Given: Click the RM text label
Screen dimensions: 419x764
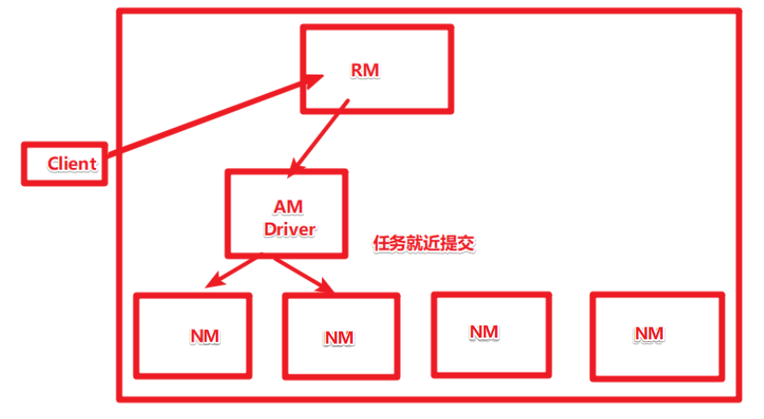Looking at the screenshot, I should coord(364,69).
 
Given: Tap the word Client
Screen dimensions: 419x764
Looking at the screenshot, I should coord(72,164).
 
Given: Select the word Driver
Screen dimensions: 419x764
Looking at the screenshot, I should coord(289,230).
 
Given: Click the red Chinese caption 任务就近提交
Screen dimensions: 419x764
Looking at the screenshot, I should coord(424,243).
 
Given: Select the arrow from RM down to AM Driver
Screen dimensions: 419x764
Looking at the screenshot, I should coord(321,133).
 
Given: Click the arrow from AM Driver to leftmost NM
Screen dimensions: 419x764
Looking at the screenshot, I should coord(234,270).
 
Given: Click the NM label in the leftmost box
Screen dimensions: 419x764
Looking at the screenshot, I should coord(205,336).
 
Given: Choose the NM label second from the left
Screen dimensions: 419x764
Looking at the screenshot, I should coord(339,338).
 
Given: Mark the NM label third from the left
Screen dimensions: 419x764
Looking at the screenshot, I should coord(484,331).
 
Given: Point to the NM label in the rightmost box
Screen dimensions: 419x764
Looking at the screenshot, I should coord(649,332).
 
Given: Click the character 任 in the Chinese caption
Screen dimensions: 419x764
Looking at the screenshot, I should coord(381,243).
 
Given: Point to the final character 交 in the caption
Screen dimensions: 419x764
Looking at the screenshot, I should coord(466,243).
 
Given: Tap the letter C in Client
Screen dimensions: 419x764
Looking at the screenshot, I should coord(53,164).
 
